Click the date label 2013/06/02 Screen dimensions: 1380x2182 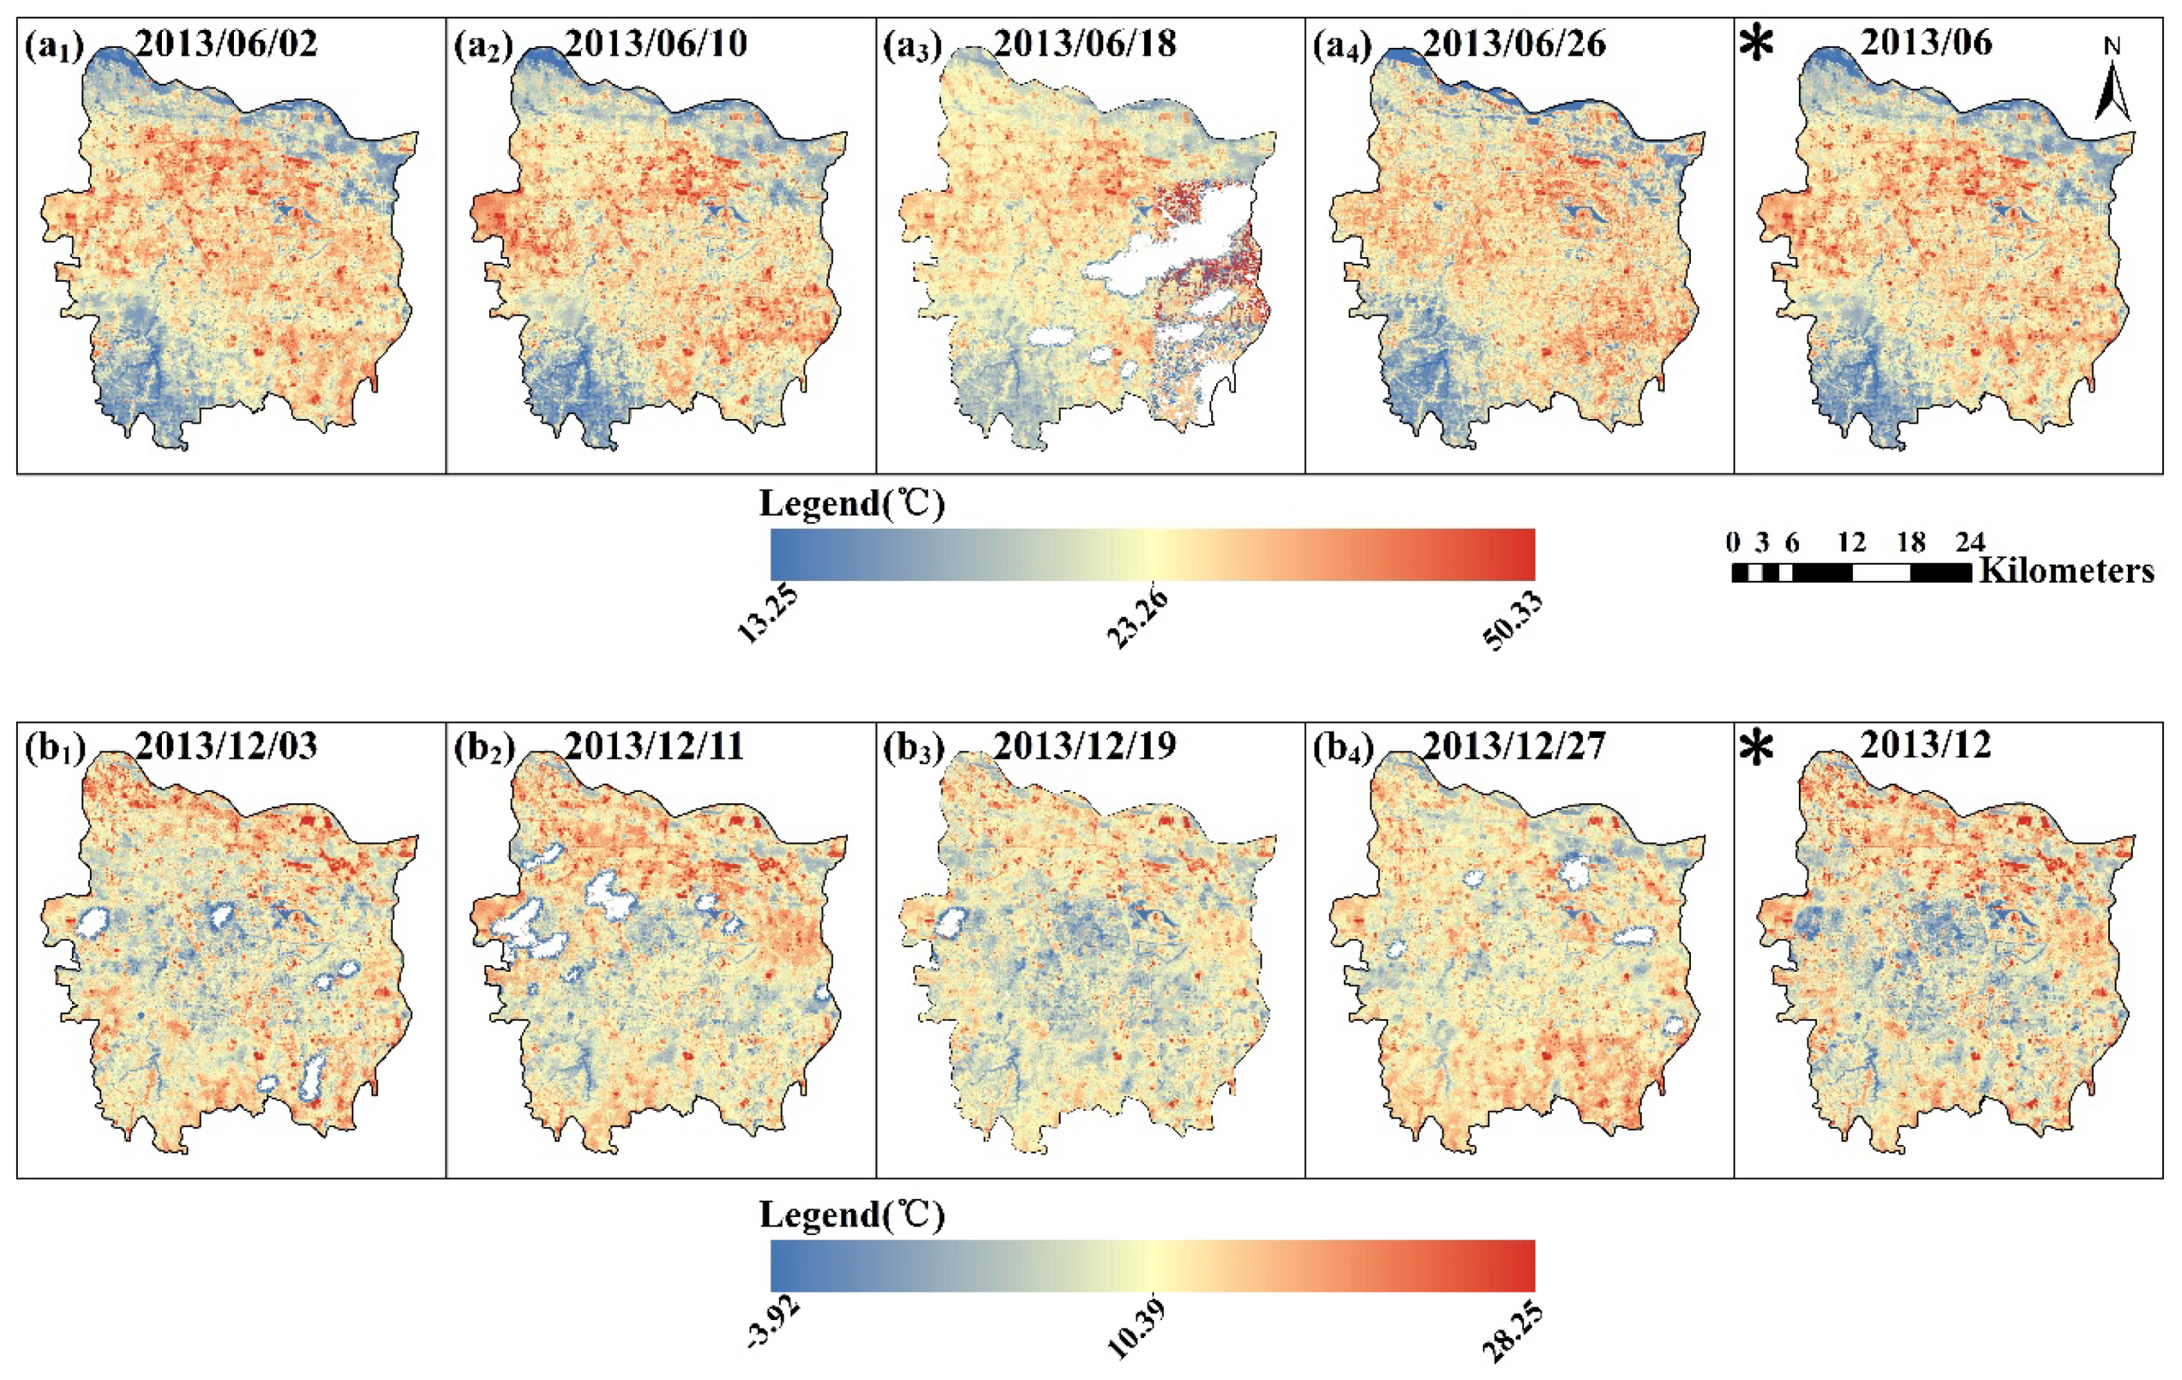pos(227,43)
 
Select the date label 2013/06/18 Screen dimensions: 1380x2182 pos(1085,43)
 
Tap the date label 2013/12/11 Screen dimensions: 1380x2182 pos(654,746)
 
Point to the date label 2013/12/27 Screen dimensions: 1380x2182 pos(1513,746)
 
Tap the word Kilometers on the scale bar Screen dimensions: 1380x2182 pos(2067,571)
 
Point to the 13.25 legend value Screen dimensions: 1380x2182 pos(768,616)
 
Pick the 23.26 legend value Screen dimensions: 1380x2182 pos(1137,620)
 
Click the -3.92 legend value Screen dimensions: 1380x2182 pos(773,1325)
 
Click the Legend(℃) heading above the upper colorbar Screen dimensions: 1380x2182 pos(851,504)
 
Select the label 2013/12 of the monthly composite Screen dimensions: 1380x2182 pos(1925,746)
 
